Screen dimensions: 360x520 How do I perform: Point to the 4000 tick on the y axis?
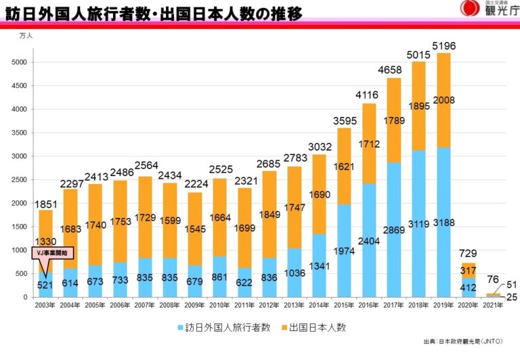pyautogui.click(x=20, y=109)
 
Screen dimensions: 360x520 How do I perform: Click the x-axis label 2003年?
pyautogui.click(x=45, y=305)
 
